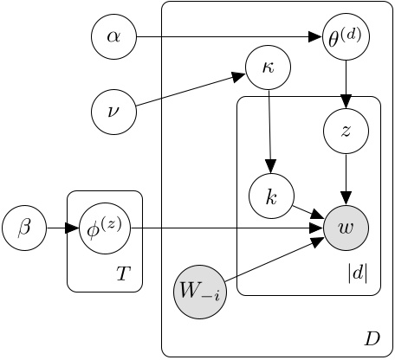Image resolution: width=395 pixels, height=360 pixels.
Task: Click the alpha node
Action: [114, 37]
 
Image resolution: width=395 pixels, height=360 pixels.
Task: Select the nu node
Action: [114, 111]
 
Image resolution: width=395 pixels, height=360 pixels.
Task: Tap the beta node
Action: [23, 228]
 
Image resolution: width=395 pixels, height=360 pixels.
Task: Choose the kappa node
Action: [269, 67]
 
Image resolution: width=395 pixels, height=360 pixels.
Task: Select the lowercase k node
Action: [271, 197]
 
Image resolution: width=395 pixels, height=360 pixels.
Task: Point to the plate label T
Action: [123, 274]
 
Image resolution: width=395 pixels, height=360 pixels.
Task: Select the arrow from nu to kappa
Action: [191, 90]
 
